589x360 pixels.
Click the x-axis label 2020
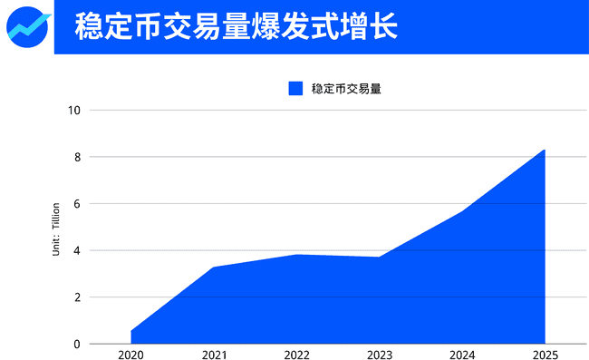130,354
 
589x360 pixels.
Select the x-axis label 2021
214,354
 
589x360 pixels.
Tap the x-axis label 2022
297,354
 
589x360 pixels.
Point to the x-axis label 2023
380,354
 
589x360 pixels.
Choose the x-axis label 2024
463,354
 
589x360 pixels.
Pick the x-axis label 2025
546,354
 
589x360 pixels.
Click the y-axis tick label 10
74,111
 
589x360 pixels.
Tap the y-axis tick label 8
77,157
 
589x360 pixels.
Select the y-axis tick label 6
77,204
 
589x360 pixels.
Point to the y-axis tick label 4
77,250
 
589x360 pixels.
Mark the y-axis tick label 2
77,297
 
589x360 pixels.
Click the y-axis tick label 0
77,344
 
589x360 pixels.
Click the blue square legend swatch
295,88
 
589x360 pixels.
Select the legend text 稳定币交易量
345,88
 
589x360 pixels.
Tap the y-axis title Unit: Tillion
55,229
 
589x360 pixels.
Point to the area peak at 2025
545,151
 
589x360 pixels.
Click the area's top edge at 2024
463,211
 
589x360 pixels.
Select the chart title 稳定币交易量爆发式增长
236,26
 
